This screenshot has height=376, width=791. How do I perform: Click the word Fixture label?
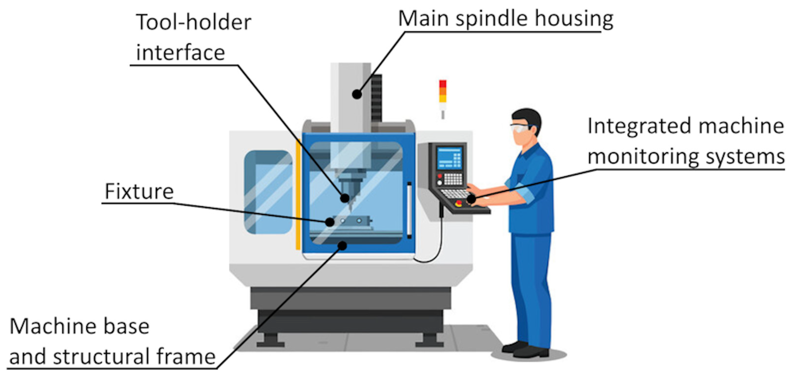click(x=139, y=192)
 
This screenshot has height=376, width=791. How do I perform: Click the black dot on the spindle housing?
click(x=357, y=94)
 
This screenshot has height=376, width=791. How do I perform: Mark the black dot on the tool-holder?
click(x=345, y=198)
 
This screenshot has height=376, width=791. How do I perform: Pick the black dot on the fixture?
click(x=330, y=222)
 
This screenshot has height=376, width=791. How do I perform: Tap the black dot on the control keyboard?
click(x=471, y=199)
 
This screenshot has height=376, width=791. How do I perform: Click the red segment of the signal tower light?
click(x=442, y=84)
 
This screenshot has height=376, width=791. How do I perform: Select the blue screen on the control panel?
click(x=449, y=158)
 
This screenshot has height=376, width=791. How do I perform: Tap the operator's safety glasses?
click(x=520, y=128)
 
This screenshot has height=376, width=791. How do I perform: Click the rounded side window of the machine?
click(x=268, y=192)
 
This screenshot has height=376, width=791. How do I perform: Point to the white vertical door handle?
click(x=409, y=210)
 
